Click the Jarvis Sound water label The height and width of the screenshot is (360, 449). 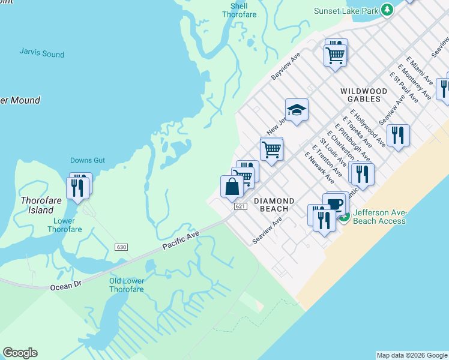point(41,54)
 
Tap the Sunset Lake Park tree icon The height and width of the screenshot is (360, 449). point(388,10)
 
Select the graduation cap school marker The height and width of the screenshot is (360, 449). point(297,110)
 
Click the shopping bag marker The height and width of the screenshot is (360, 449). point(232,187)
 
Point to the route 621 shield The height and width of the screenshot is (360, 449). point(240,206)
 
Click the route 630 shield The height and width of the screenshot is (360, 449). point(122,247)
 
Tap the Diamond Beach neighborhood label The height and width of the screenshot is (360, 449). point(274,205)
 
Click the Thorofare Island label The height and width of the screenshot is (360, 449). point(37,205)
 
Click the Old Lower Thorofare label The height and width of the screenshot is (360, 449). point(126,285)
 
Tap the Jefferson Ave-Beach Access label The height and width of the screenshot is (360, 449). point(379,217)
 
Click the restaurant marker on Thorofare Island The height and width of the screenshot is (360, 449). point(78,187)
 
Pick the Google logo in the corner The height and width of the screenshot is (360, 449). point(20,353)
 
